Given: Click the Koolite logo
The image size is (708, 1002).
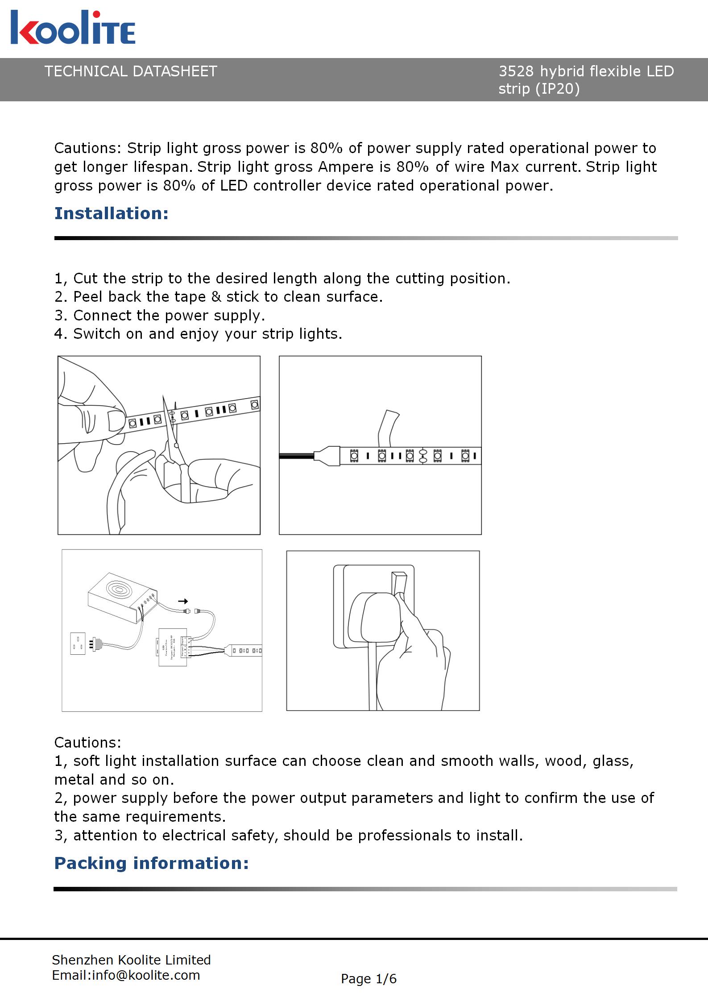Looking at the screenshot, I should (73, 28).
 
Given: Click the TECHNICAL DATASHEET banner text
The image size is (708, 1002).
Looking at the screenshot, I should (130, 71).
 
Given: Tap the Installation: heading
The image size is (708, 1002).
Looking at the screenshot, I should (112, 213).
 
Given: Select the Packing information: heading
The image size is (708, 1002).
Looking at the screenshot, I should (151, 863).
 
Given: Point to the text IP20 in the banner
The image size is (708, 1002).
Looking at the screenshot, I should (558, 89).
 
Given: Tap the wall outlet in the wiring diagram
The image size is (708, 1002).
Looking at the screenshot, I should (78, 644).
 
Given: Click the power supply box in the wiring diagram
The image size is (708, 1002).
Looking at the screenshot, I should (120, 596).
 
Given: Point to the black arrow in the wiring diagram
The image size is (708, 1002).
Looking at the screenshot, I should (183, 601).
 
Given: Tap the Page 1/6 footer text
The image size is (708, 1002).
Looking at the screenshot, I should (368, 979).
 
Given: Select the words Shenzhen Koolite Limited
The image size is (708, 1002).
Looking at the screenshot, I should (131, 960).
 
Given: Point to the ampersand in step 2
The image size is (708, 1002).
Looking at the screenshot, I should (216, 297).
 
